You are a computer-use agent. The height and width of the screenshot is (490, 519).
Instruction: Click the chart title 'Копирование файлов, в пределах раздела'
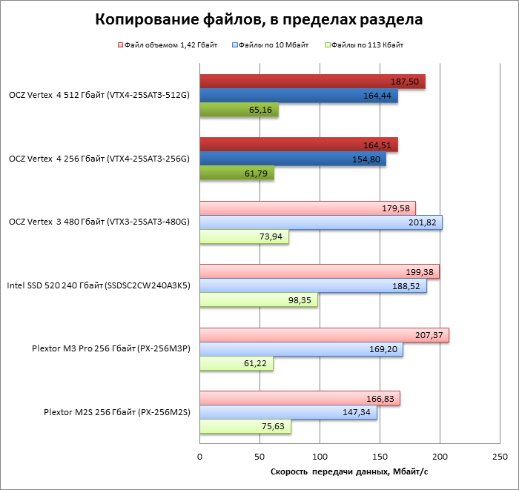coord(259,20)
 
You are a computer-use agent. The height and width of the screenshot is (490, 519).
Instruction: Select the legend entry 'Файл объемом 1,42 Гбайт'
coord(167,46)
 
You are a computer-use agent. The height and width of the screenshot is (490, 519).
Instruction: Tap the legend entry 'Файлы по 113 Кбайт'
coord(368,46)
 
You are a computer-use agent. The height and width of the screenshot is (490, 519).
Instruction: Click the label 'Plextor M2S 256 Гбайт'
coord(112,412)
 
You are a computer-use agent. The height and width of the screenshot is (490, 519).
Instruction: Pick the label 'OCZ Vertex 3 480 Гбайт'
coord(99,222)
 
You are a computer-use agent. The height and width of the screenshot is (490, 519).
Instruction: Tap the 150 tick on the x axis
coord(380,456)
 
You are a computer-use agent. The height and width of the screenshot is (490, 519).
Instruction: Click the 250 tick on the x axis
coord(499,456)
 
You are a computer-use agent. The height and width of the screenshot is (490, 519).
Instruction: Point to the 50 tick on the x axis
coord(259,456)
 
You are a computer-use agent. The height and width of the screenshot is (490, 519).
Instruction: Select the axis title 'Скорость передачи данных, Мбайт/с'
coord(349,473)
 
